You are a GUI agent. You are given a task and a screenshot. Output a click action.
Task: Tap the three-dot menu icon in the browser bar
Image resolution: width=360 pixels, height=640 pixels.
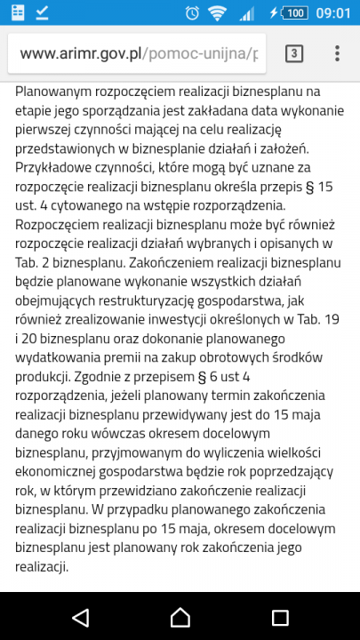(337, 52)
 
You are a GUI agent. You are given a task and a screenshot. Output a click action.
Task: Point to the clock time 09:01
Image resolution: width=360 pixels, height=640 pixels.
(334, 12)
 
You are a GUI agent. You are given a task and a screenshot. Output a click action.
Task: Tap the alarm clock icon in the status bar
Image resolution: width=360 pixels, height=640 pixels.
(192, 12)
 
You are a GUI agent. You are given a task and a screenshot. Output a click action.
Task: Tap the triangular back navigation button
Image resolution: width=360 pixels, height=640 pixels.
(80, 616)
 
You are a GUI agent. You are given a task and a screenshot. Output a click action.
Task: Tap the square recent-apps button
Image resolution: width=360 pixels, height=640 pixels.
(280, 616)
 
